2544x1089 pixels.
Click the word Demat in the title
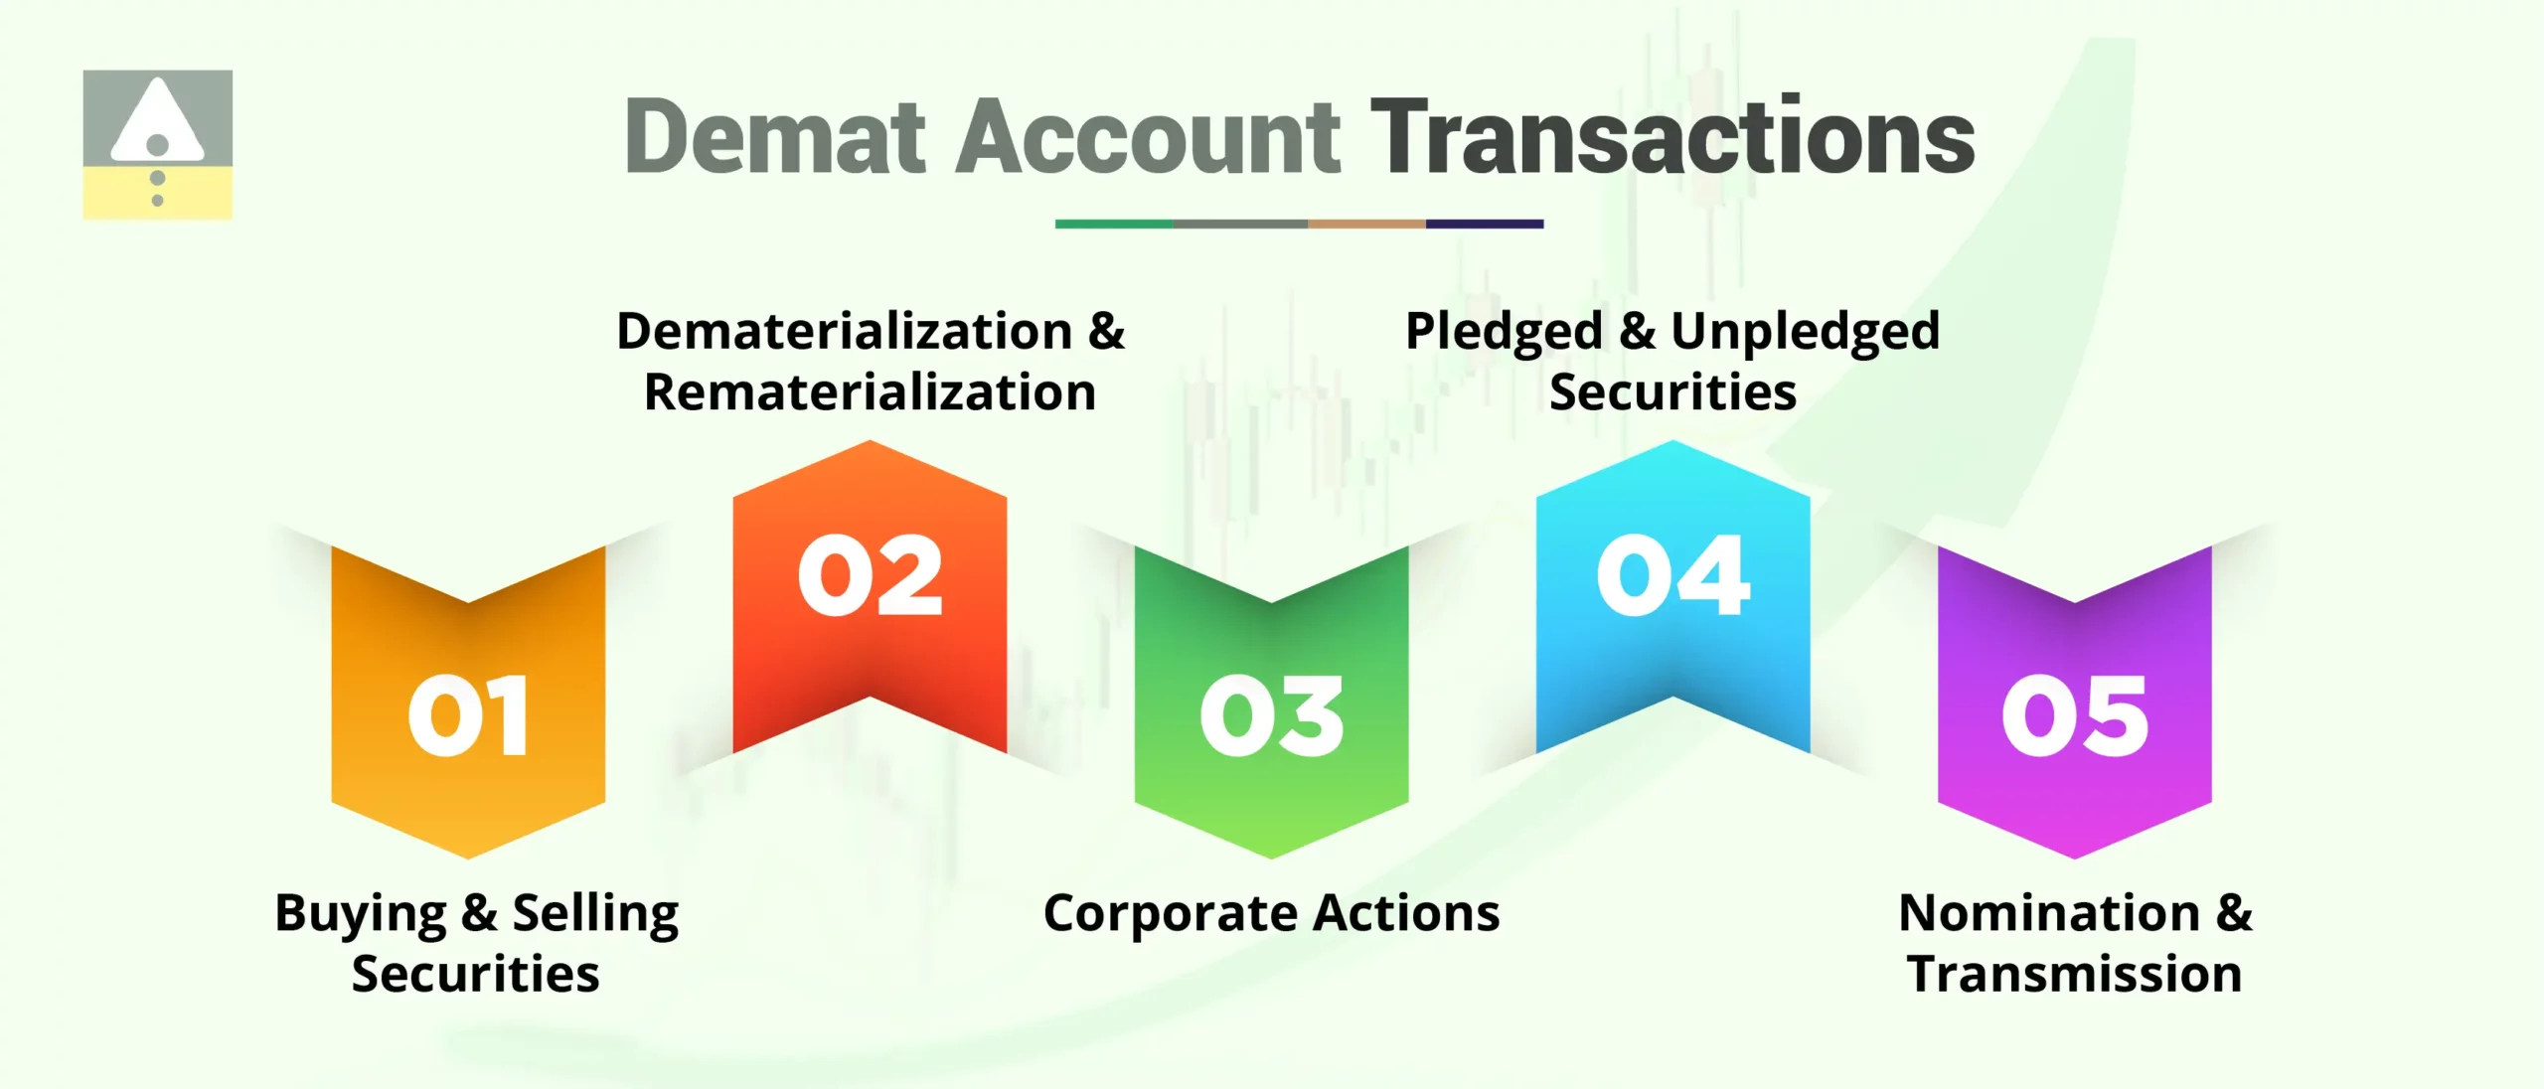click(775, 137)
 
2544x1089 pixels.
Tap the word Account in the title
click(1148, 137)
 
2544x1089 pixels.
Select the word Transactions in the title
click(1672, 137)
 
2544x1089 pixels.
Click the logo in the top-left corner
click(158, 144)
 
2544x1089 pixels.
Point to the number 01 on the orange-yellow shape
click(468, 715)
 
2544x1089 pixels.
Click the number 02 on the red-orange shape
click(871, 575)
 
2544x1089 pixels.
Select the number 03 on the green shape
click(1272, 715)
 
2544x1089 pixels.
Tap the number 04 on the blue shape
click(1673, 575)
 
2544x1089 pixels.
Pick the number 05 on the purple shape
click(2075, 715)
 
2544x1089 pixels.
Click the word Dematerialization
click(844, 331)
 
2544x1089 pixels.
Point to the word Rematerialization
click(871, 392)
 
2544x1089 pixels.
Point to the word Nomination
click(2049, 912)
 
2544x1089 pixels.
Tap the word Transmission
click(2075, 974)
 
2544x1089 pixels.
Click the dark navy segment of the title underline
click(1485, 225)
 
